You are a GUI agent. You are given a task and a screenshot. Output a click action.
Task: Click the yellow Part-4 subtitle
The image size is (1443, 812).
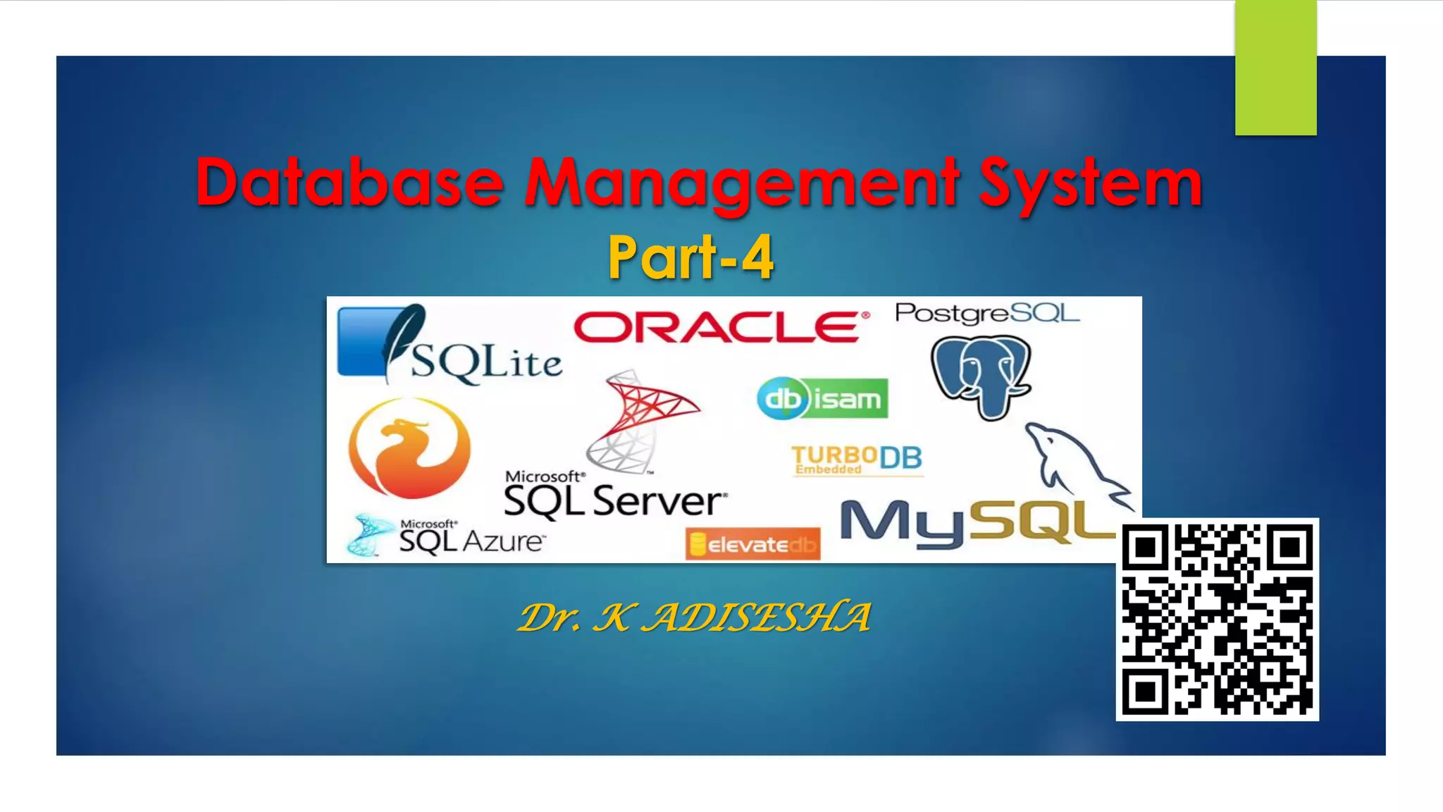[x=690, y=258]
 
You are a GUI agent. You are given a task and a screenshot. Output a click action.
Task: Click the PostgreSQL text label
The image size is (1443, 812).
[x=986, y=313]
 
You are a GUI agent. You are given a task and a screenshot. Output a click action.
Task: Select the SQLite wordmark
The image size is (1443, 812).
[x=486, y=362]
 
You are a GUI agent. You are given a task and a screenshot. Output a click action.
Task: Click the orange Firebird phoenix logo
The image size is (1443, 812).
[x=409, y=447]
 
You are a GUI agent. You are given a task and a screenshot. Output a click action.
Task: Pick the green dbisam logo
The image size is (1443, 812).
[x=822, y=399]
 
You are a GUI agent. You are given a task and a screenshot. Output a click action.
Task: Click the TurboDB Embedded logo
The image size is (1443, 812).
[x=856, y=460]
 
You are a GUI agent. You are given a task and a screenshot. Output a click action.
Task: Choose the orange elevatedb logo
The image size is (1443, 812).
[x=753, y=544]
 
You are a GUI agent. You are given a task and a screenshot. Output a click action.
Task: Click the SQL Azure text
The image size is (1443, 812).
[x=471, y=540]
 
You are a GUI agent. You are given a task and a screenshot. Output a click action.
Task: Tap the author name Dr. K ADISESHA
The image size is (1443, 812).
[x=693, y=617]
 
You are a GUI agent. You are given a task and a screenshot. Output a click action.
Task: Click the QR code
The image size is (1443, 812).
[x=1217, y=619]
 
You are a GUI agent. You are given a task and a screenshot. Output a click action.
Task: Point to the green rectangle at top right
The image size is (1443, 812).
[x=1275, y=68]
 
